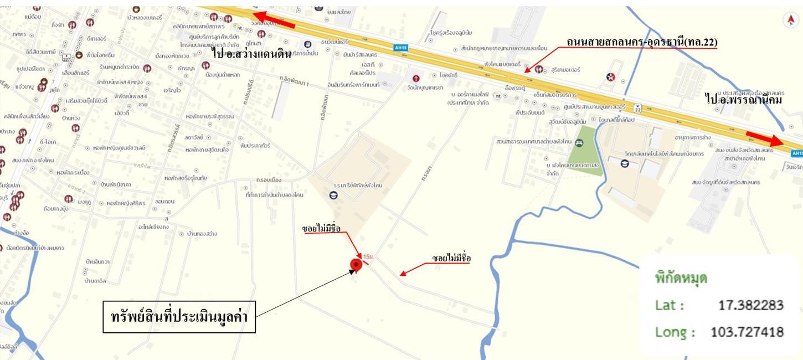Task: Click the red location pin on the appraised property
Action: (x=357, y=265)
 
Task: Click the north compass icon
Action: (x=790, y=20)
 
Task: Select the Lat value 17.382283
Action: (x=750, y=306)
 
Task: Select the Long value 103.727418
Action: (x=747, y=332)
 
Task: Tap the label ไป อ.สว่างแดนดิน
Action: (x=251, y=53)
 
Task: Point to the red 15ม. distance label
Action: (x=368, y=256)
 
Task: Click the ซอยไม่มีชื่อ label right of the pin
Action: (x=451, y=259)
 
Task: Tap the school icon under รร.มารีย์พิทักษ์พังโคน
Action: (x=333, y=195)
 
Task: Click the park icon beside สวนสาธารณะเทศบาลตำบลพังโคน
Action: (x=579, y=143)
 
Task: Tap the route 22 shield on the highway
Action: (x=638, y=108)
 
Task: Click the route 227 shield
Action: (x=66, y=56)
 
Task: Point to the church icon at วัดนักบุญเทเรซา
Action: (x=416, y=78)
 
